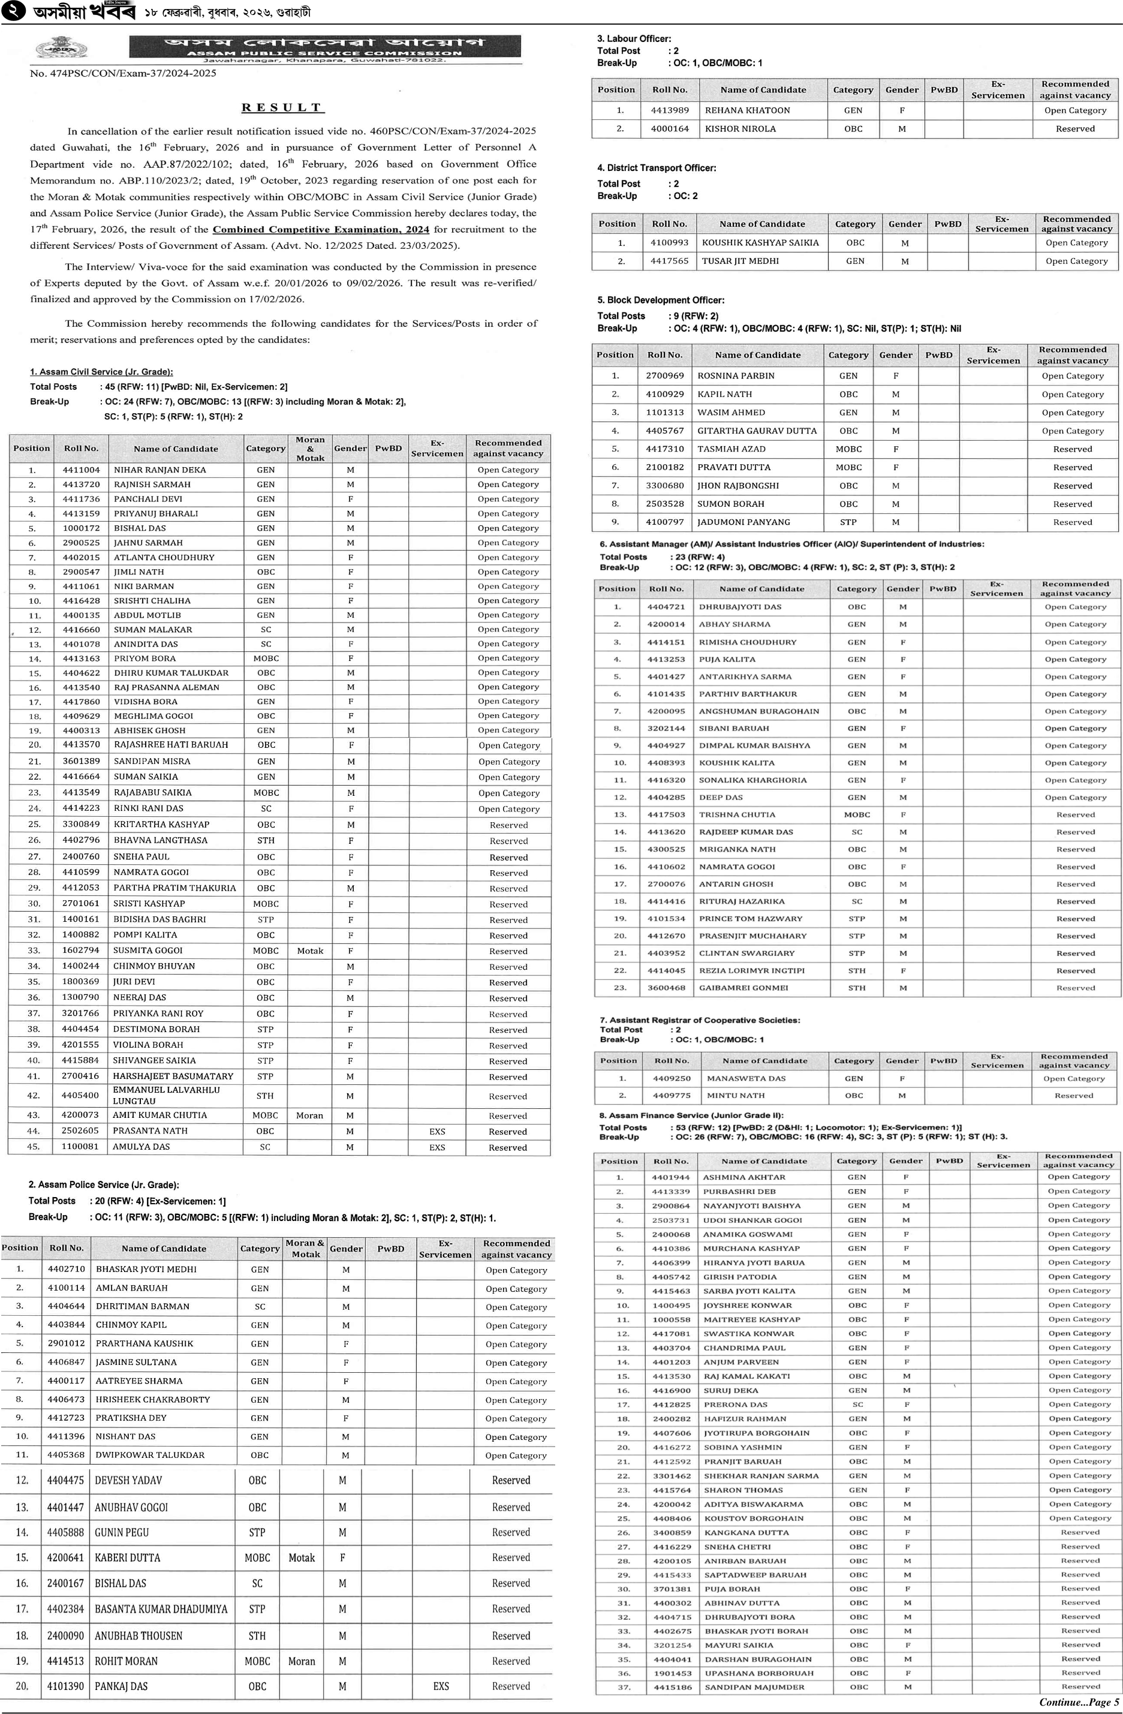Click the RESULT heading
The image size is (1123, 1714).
tap(282, 107)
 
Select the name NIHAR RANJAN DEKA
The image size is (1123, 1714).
tap(160, 470)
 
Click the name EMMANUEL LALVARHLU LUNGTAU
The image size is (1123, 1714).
tap(166, 1094)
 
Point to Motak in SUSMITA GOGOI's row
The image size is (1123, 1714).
tap(310, 951)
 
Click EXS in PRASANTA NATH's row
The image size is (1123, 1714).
tap(437, 1132)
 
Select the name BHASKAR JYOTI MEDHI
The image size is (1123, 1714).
tap(146, 1269)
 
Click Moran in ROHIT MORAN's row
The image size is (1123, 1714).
tap(302, 1661)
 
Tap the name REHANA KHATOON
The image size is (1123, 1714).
tap(747, 110)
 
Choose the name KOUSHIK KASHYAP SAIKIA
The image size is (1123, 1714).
tap(760, 243)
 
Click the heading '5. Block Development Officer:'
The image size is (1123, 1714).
tap(661, 300)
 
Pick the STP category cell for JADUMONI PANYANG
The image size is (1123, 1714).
tap(848, 522)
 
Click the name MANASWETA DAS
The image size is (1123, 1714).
tap(746, 1078)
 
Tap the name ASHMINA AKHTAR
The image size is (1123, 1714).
tap(744, 1177)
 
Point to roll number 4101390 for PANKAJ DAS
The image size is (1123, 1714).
tap(65, 1686)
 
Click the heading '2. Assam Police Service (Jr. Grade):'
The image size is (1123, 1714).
tap(104, 1184)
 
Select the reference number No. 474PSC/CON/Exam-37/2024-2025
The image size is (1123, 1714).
tap(123, 73)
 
